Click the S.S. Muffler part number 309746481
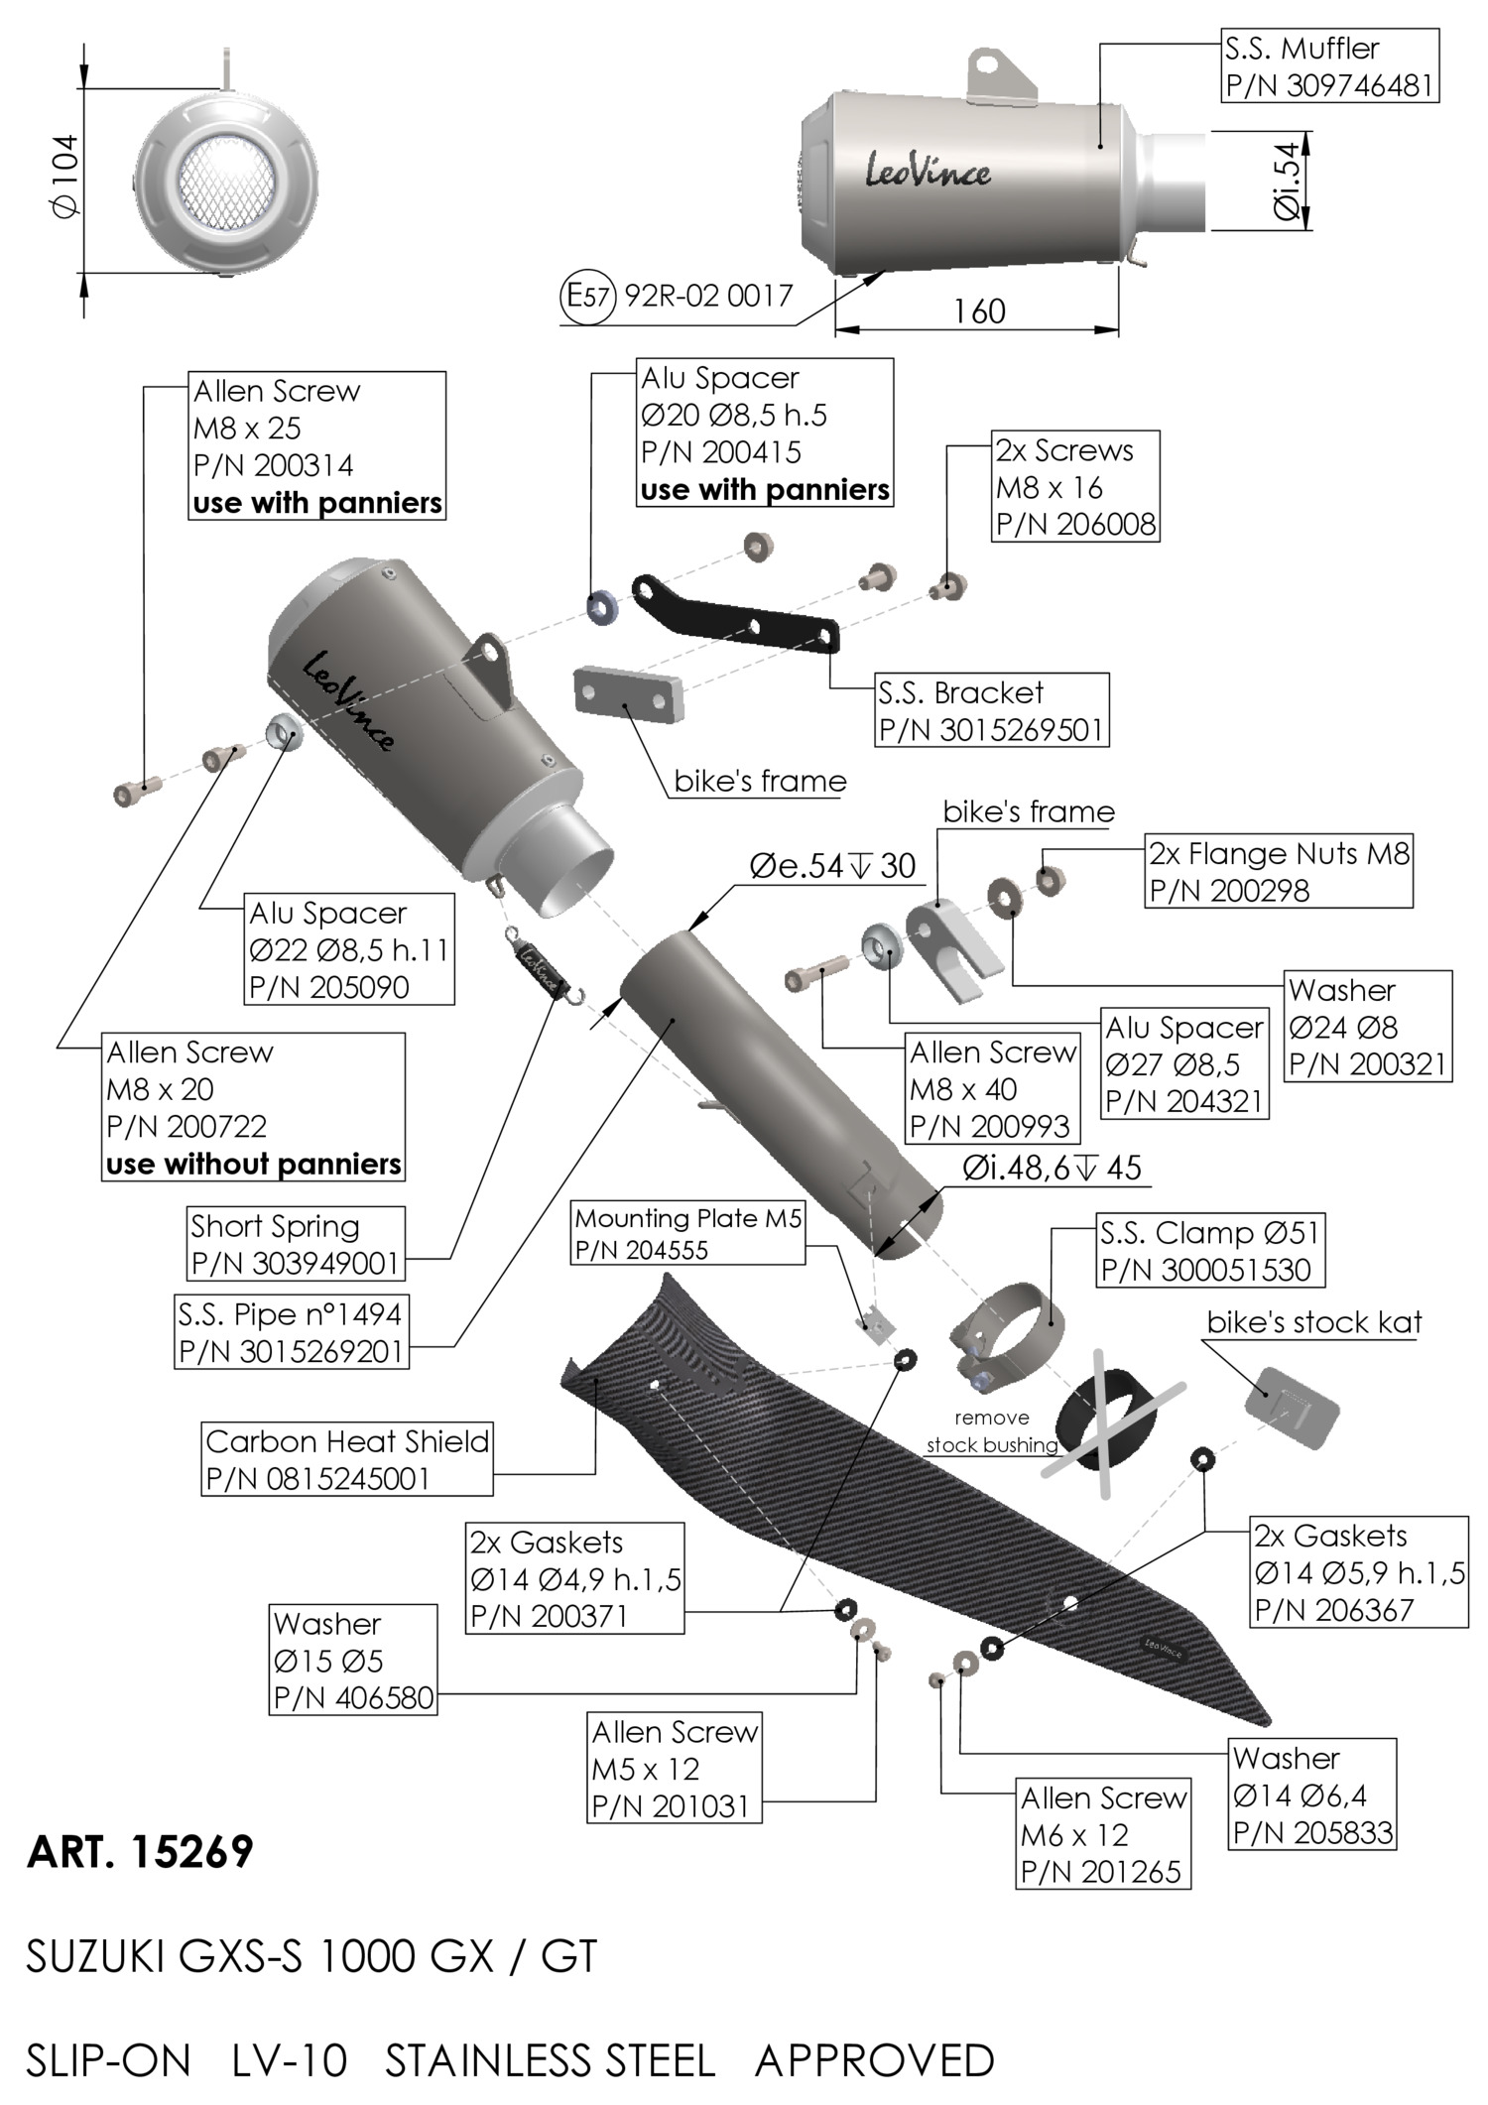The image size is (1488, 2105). pos(1329,85)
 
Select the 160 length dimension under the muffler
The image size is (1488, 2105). pos(979,311)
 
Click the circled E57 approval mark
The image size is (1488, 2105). pos(589,296)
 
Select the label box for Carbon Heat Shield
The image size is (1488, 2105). pos(346,1459)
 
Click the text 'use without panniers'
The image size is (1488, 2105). pos(253,1164)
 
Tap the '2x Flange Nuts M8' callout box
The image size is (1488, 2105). pos(1279,871)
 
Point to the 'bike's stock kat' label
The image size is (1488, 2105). pos(1313,1322)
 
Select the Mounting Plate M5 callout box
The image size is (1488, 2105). pos(688,1233)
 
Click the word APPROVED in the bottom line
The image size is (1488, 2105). pos(874,2061)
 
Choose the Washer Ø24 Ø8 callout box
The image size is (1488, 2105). pos(1368,1027)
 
